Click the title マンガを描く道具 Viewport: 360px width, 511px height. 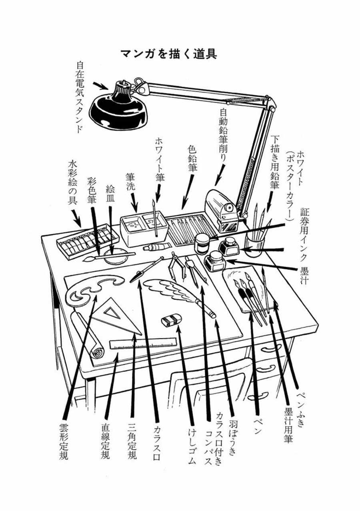pos(168,54)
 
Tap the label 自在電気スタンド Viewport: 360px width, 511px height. pos(80,96)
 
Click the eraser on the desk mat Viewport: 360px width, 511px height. pos(172,319)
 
